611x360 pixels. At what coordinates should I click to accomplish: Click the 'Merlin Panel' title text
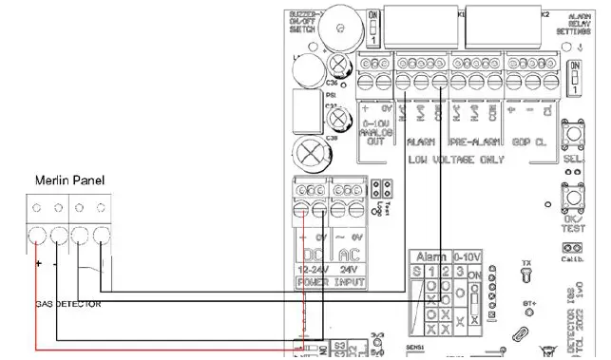point(68,180)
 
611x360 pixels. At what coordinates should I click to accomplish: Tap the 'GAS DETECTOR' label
point(52,303)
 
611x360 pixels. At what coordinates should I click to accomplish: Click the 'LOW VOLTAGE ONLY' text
point(458,161)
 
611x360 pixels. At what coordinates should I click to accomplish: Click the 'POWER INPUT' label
point(327,283)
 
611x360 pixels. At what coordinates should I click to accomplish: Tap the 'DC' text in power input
point(313,254)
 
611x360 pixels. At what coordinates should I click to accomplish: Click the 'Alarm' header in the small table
point(432,256)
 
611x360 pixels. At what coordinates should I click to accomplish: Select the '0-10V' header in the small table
point(469,256)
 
